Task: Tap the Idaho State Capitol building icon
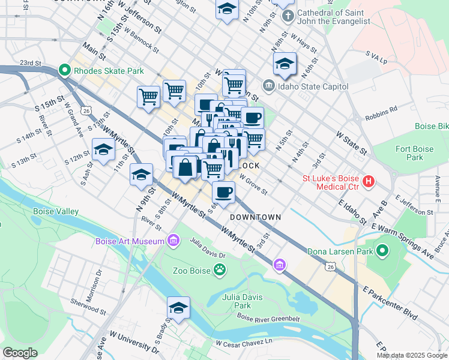click(268, 86)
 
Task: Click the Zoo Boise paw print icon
click(221, 271)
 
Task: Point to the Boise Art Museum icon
click(173, 241)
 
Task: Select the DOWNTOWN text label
click(255, 217)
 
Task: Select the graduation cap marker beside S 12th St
click(103, 150)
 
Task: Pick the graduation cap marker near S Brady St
click(178, 308)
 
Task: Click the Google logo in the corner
click(20, 353)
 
